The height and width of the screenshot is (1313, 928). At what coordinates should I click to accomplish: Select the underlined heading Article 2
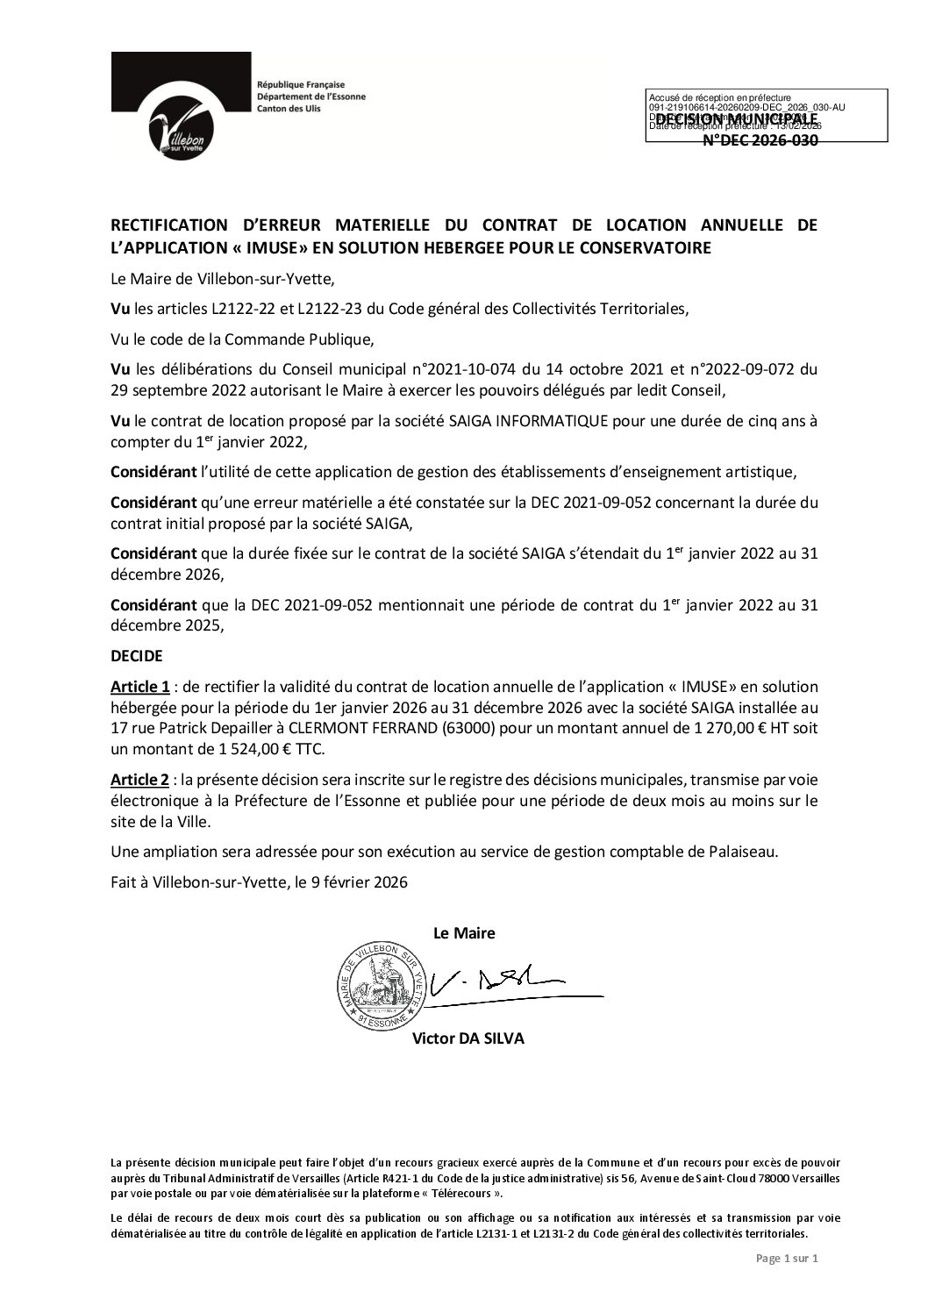coord(139,781)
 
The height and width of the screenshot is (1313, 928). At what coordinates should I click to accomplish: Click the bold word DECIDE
coord(136,655)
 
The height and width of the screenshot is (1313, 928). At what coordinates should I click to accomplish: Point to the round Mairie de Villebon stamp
coord(385,988)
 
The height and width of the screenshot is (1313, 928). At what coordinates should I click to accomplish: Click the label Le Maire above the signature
coord(464,933)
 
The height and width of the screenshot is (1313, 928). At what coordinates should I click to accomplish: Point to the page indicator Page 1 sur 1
coord(787,1283)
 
